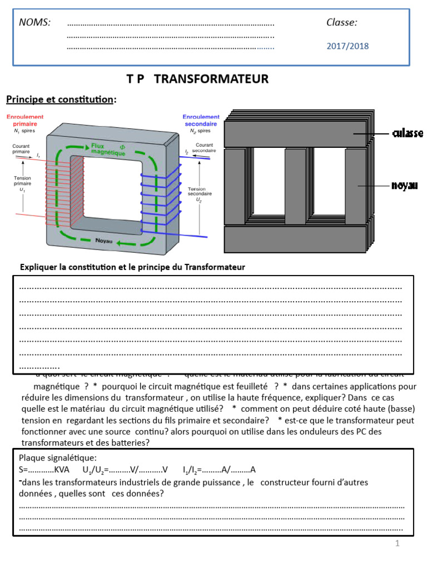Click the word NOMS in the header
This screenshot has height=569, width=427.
[35, 22]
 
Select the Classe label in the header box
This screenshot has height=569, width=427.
[341, 22]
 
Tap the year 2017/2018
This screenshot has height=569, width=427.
[347, 46]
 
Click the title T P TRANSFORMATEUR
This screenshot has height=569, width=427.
[197, 79]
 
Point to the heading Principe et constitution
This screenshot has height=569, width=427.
[61, 99]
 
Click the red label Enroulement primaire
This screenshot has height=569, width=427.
[25, 121]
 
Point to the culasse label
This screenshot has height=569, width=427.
[408, 133]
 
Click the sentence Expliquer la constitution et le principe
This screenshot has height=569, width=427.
[132, 267]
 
